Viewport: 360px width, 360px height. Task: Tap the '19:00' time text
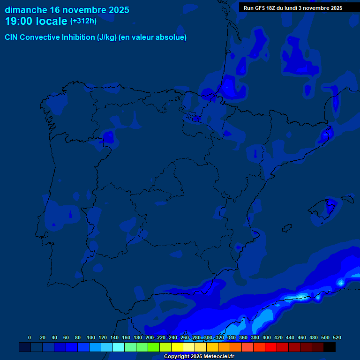[19, 21]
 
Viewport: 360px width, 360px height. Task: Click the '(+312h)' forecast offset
[83, 21]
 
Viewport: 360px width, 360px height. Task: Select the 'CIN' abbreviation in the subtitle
[12, 37]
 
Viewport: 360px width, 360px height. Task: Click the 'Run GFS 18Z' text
[260, 8]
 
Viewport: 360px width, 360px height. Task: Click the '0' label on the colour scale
[30, 337]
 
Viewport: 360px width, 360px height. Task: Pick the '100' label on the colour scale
[91, 337]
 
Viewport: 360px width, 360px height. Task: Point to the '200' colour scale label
[150, 337]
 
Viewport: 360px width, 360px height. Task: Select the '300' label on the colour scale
[208, 337]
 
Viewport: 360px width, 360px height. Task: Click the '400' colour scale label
[267, 337]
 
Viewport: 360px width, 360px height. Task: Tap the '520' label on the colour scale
[337, 337]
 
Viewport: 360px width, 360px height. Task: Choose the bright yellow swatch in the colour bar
[177, 347]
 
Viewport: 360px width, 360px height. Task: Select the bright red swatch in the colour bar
[271, 347]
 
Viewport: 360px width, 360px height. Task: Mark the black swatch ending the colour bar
[330, 347]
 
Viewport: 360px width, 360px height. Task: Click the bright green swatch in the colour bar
[154, 347]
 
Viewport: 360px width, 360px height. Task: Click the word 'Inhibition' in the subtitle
[78, 37]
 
